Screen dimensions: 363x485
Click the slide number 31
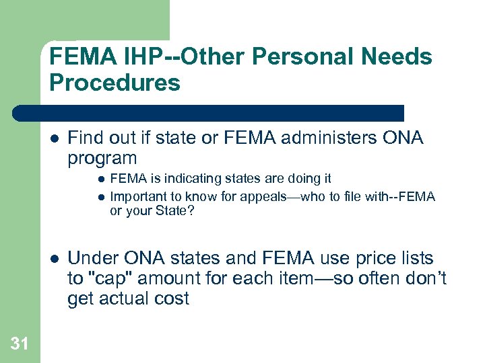point(20,344)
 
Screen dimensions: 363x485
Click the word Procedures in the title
point(115,83)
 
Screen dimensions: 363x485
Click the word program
point(102,159)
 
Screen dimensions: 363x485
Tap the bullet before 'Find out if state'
point(53,139)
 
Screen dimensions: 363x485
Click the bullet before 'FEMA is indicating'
point(100,179)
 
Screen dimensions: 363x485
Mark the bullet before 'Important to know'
point(100,196)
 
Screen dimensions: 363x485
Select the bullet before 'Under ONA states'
point(53,259)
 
